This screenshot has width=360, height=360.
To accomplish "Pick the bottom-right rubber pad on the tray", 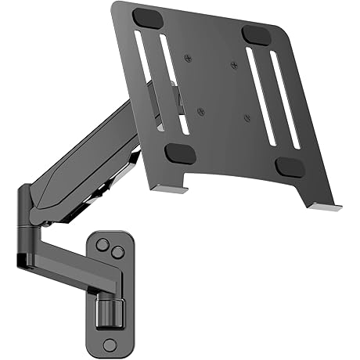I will point(290,167).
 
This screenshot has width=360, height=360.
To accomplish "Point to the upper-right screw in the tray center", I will point(233,66).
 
